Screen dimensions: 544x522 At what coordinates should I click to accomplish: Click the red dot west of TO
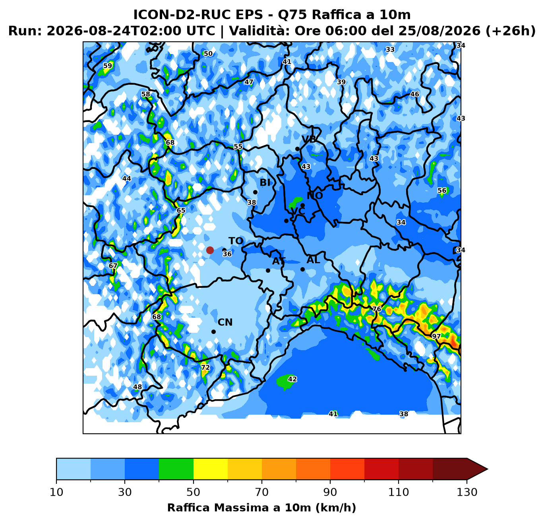click(x=210, y=250)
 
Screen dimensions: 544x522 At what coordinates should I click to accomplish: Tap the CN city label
click(x=225, y=322)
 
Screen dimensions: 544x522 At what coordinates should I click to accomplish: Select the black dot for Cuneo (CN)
click(x=213, y=332)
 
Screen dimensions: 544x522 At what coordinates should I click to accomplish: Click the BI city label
click(x=265, y=182)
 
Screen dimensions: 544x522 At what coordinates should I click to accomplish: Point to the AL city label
click(x=313, y=260)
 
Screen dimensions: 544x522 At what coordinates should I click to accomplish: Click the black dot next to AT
click(x=268, y=270)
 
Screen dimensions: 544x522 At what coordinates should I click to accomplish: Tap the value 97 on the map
click(x=436, y=336)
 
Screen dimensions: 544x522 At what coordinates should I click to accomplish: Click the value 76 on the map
click(x=377, y=309)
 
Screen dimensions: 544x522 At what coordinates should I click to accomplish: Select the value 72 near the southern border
click(x=205, y=367)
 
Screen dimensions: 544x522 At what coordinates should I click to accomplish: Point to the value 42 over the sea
click(x=292, y=379)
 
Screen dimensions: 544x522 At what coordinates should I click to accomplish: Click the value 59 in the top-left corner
click(x=108, y=66)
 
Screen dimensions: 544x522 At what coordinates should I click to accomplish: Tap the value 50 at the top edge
click(x=208, y=54)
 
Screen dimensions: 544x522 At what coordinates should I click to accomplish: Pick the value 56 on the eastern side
click(x=442, y=190)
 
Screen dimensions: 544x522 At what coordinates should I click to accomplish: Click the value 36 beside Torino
click(x=227, y=254)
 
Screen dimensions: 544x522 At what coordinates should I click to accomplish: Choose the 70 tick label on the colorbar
click(x=261, y=492)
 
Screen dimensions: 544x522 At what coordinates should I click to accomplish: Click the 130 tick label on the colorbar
click(x=467, y=492)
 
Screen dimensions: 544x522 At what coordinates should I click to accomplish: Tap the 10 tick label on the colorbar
click(x=56, y=492)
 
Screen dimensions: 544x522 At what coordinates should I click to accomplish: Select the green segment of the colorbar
click(x=176, y=469)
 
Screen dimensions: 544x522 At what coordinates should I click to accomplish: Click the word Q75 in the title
click(x=292, y=15)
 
